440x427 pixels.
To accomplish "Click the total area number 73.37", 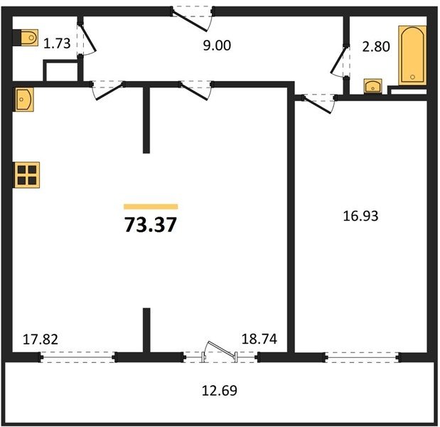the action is [x=151, y=225].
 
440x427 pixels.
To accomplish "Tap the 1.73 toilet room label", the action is [x=57, y=43].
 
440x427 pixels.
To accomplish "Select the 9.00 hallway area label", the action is [x=217, y=46].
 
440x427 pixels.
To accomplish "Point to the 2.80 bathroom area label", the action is [x=376, y=46].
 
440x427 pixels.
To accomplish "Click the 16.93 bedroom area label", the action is [x=360, y=216].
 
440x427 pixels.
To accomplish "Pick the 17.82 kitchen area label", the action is [x=41, y=339].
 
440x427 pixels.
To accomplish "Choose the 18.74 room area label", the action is [x=259, y=339].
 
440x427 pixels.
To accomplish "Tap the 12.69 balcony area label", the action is [x=220, y=391].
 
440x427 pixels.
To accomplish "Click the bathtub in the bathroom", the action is [x=412, y=56].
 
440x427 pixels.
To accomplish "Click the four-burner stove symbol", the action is [x=27, y=175].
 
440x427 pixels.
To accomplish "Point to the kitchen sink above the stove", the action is [x=24, y=100].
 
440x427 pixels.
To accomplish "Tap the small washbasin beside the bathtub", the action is [x=372, y=85].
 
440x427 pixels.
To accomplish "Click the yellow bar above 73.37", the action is [x=151, y=206].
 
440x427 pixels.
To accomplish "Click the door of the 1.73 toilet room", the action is [x=88, y=39].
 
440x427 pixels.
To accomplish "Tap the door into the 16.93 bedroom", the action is [x=319, y=104].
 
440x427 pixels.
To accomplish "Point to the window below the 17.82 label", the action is [x=77, y=357].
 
